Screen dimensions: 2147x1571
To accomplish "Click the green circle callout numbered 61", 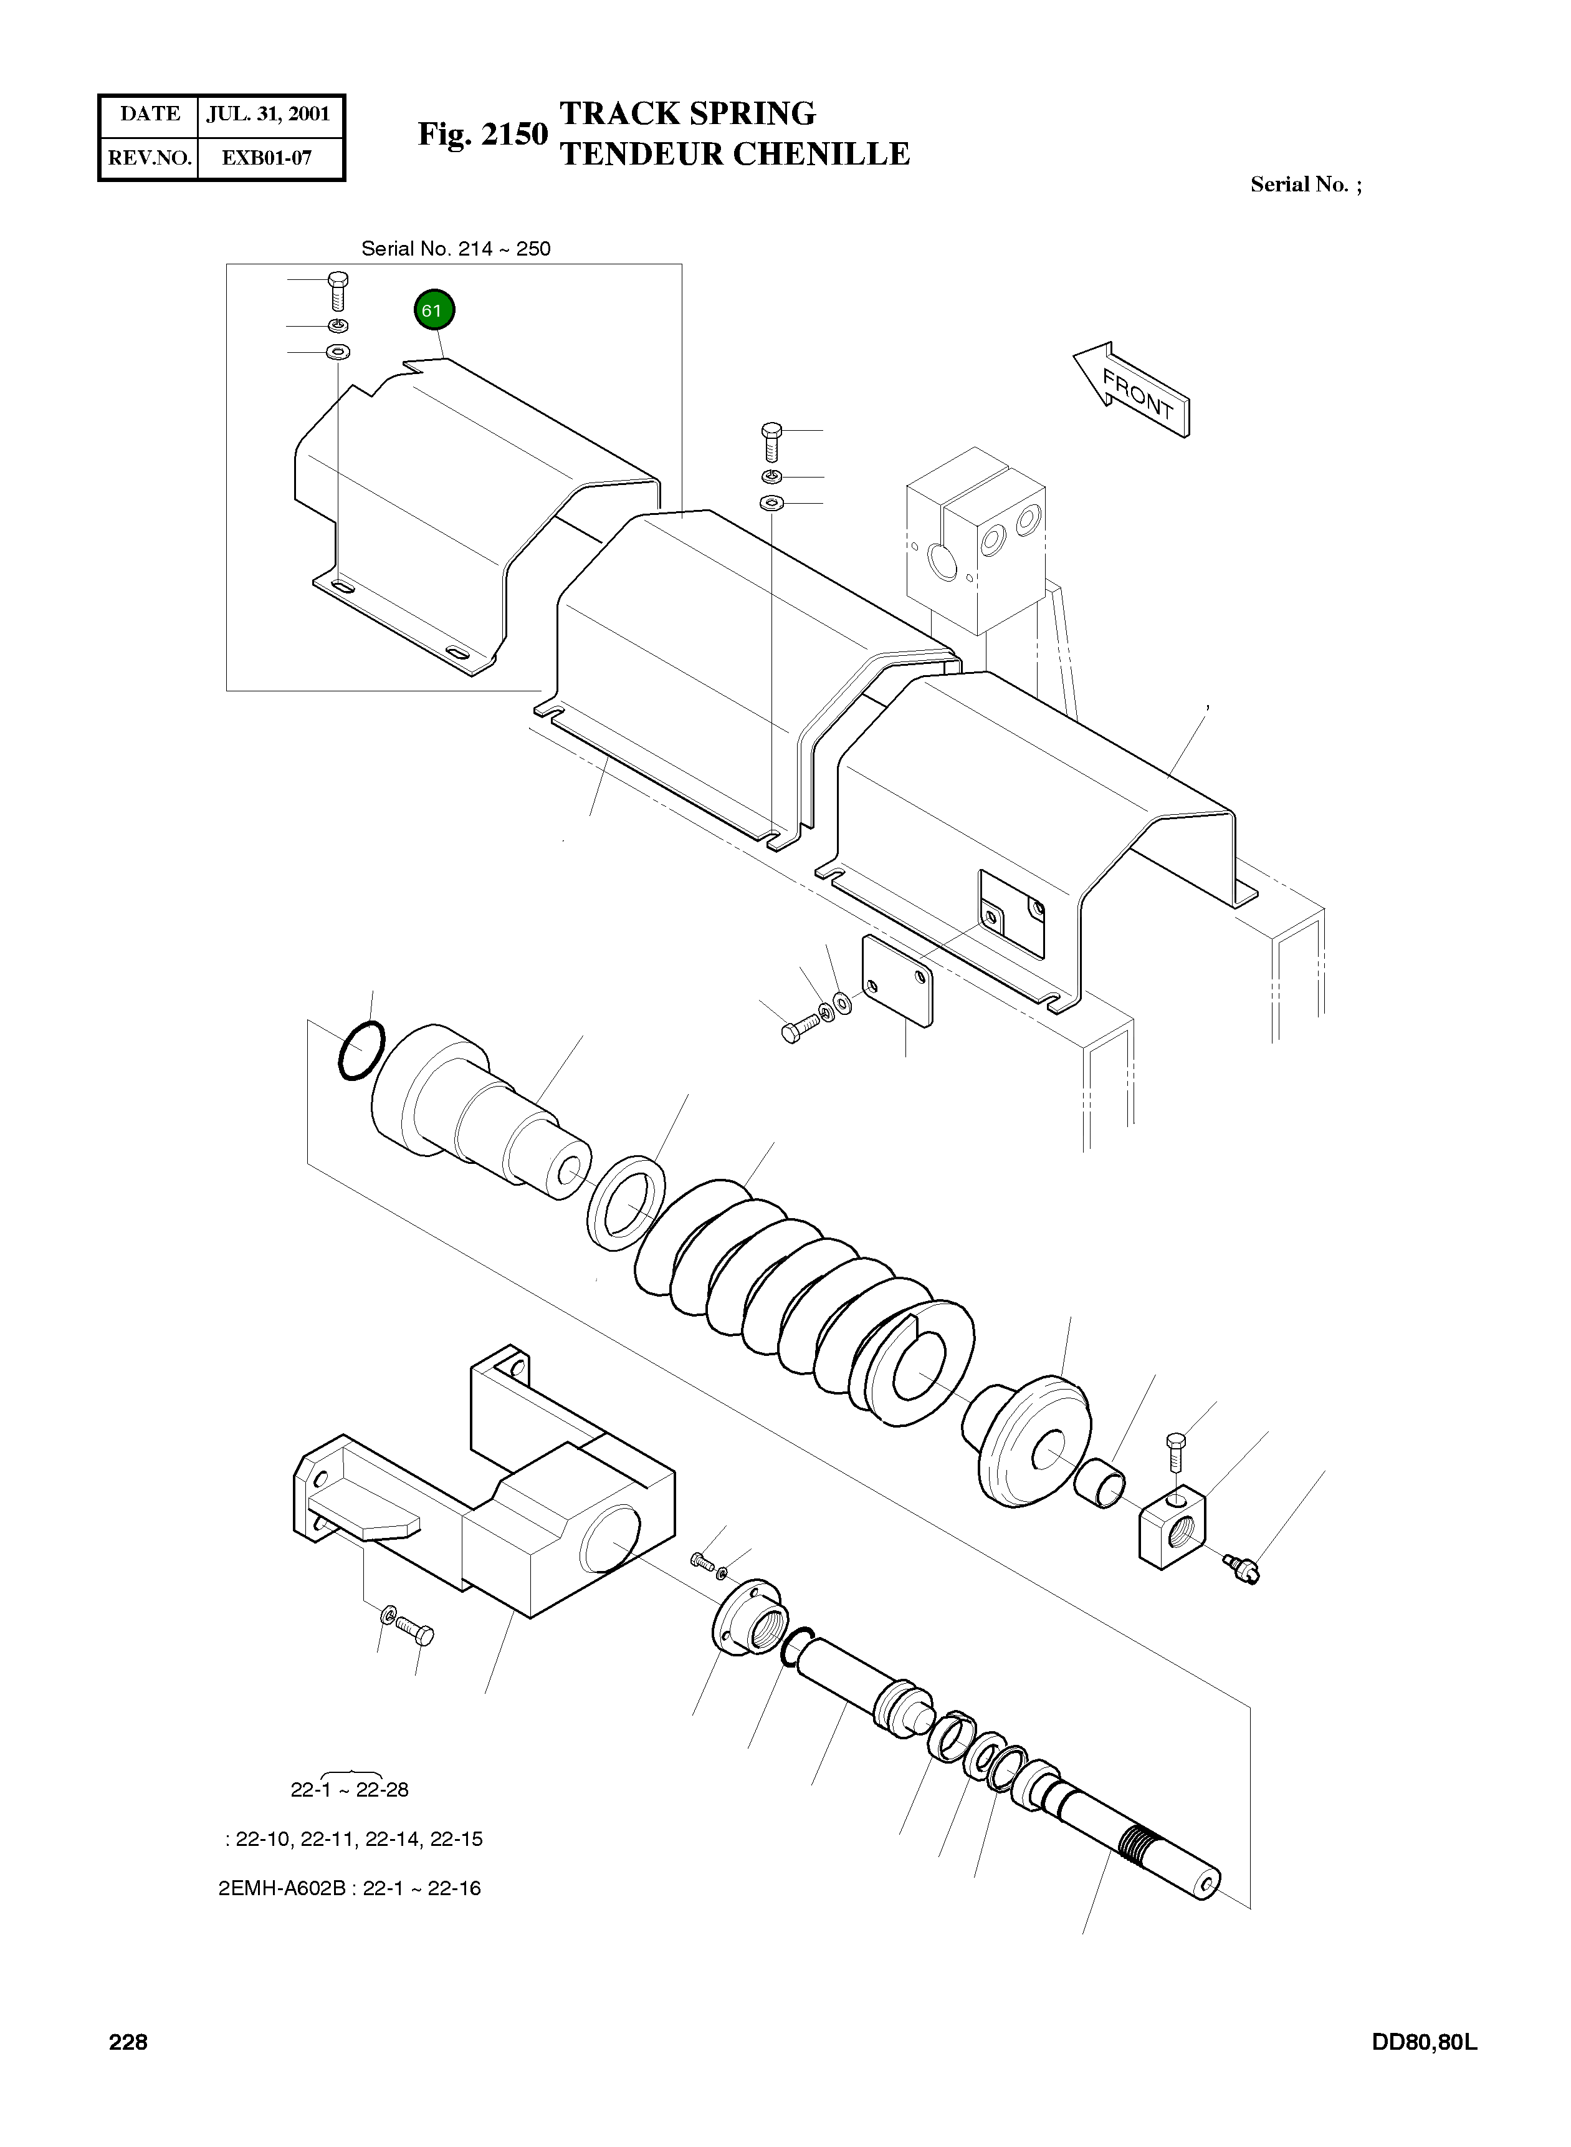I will coord(434,310).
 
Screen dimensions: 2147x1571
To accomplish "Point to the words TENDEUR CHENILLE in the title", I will coord(734,154).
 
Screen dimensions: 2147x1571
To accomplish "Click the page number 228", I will coord(128,2042).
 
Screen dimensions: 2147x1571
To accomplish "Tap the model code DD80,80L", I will coord(1423,2042).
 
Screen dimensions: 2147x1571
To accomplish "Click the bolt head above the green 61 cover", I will coord(337,281).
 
